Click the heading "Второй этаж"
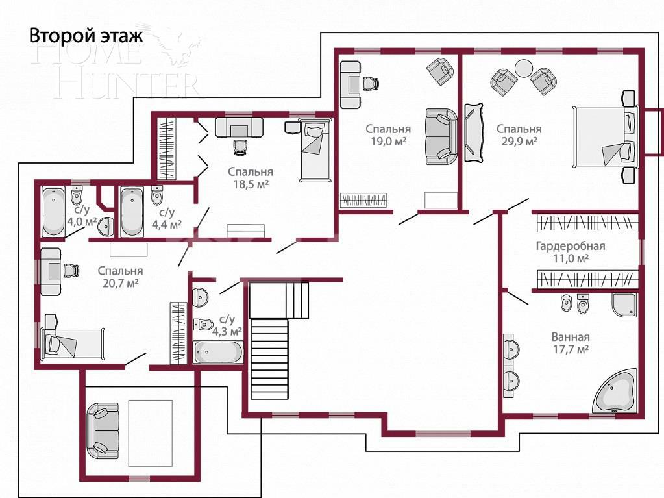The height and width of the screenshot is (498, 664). (85, 36)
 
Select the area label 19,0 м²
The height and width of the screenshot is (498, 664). (387, 141)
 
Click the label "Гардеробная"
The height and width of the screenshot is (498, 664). (570, 246)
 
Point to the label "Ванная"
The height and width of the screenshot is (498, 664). (570, 337)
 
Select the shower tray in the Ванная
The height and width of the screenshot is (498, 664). (624, 305)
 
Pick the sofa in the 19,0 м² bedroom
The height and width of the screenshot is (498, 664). (441, 136)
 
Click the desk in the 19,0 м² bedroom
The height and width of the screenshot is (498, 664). (350, 84)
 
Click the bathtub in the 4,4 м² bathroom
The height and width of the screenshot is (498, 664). (132, 212)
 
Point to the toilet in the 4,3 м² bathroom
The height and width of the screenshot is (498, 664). (206, 323)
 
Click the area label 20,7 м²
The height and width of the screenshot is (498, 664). (120, 283)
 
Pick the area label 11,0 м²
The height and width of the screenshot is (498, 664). (570, 258)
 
